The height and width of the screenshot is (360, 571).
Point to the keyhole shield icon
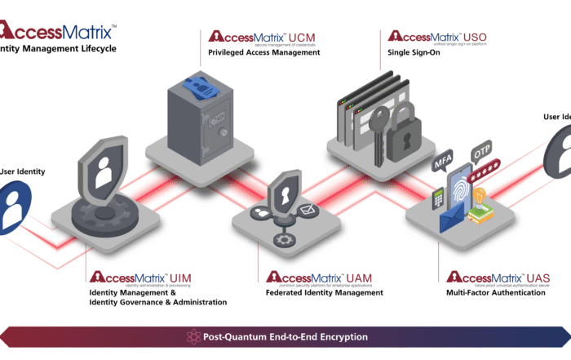pos(284,197)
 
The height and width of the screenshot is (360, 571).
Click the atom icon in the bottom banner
pos(193,336)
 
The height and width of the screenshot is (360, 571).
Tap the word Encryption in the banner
pos(340,336)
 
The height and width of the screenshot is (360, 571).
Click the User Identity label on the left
pos(23,171)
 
